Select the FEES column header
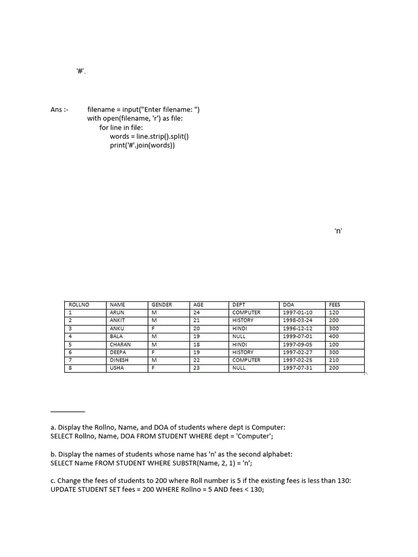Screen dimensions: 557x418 334,305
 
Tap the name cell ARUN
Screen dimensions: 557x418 117,313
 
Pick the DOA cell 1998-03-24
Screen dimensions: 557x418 298,320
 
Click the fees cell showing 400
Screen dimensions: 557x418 334,336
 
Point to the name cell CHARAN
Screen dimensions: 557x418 120,344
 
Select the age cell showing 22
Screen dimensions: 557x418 196,360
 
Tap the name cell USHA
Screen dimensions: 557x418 117,368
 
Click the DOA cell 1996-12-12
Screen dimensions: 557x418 298,329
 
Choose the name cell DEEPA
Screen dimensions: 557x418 118,352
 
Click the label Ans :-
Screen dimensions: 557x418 59,109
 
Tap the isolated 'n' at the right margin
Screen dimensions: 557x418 338,231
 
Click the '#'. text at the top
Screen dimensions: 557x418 81,71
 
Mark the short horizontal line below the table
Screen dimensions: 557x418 67,411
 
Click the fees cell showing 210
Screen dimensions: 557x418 334,360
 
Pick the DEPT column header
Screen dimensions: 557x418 239,305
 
